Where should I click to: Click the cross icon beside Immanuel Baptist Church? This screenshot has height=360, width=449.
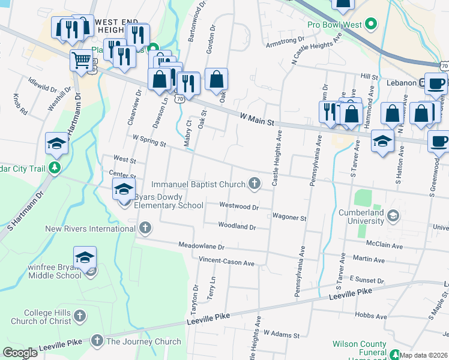click(x=255, y=184)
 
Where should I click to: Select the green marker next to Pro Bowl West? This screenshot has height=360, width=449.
click(x=372, y=25)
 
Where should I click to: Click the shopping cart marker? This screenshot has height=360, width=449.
click(x=81, y=59)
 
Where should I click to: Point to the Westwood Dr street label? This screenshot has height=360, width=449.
click(x=238, y=206)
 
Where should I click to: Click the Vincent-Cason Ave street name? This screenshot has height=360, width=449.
click(x=227, y=263)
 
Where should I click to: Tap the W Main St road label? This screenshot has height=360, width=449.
click(x=256, y=119)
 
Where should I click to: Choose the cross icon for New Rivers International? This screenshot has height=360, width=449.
click(x=145, y=228)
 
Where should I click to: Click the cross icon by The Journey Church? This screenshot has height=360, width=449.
click(x=97, y=341)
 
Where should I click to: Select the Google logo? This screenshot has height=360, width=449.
click(x=20, y=353)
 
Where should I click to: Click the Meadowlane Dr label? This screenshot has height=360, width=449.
click(x=201, y=247)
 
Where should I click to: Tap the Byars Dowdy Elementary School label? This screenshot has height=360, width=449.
click(x=169, y=200)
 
